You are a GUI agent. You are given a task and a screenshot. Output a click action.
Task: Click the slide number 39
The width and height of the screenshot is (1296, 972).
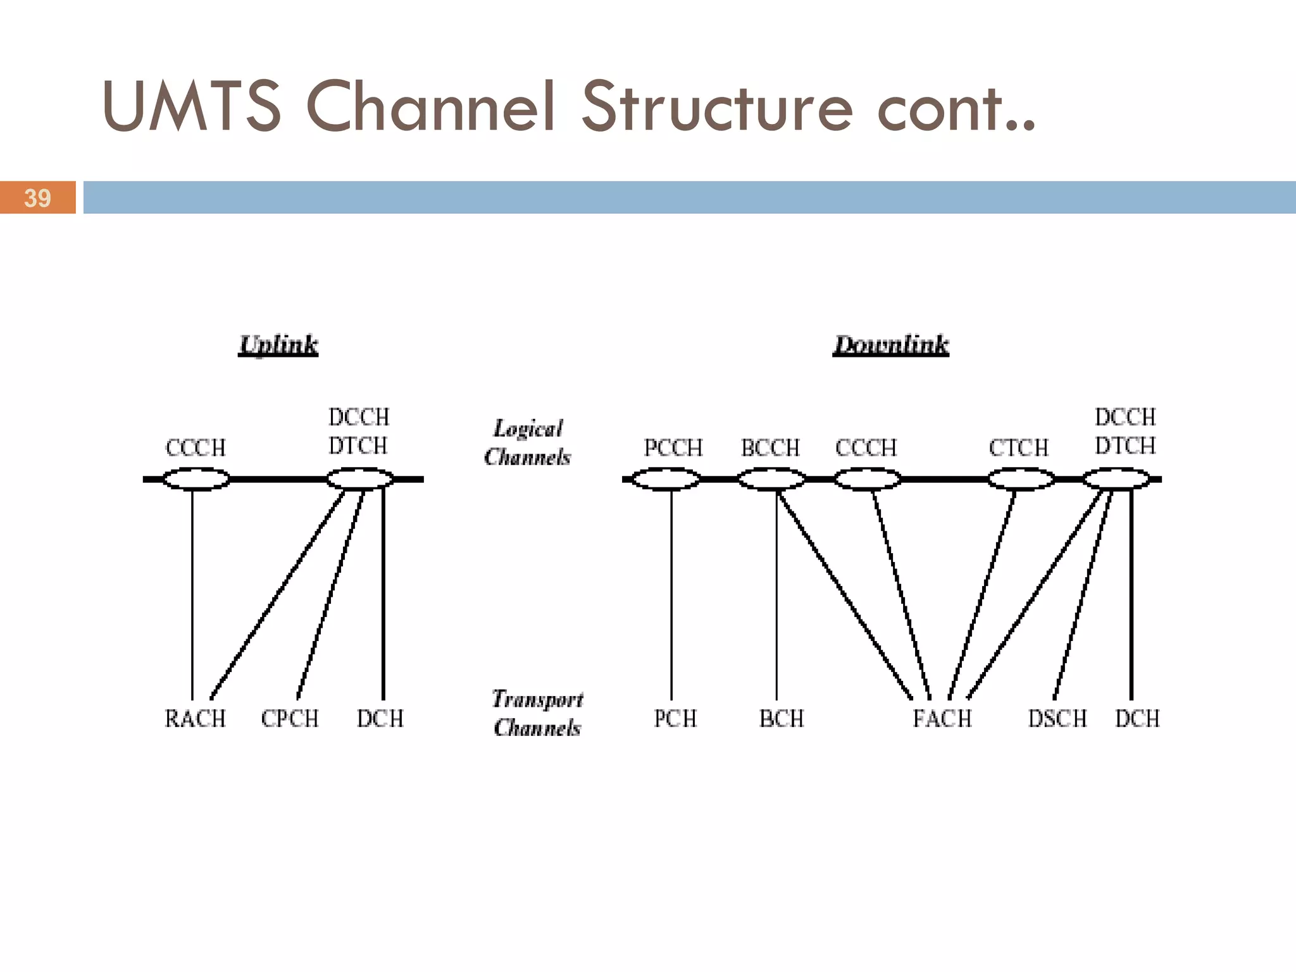[x=37, y=198]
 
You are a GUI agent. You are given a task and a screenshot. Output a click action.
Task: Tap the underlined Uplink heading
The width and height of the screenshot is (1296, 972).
[x=278, y=345]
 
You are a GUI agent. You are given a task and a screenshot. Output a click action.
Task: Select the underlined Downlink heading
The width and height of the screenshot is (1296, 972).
[x=890, y=345]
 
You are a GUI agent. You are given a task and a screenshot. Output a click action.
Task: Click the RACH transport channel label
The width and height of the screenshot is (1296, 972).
[x=195, y=719]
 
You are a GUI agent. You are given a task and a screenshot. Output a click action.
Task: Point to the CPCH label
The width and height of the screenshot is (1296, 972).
[x=290, y=719]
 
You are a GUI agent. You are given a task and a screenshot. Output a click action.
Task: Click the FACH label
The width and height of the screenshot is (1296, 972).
[x=942, y=719]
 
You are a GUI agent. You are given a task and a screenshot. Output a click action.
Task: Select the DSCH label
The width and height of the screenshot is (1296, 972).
[x=1057, y=719]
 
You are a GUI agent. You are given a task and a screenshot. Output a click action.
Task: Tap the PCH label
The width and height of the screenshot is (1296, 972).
[x=675, y=719]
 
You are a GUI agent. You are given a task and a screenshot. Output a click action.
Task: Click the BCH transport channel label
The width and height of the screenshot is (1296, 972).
[x=782, y=719]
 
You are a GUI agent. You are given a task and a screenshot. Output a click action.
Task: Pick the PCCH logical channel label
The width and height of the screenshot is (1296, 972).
[x=673, y=448]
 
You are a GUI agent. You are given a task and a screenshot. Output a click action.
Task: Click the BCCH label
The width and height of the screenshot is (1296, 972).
[x=771, y=448]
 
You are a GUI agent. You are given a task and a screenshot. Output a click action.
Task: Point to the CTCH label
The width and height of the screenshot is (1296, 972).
[x=1018, y=448]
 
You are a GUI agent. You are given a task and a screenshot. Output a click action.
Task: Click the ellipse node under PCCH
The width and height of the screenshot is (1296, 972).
[x=666, y=479]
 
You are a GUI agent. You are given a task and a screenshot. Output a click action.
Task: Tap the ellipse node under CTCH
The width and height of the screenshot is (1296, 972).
[x=1021, y=479]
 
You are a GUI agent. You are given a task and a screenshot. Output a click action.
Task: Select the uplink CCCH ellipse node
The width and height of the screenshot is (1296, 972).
[x=196, y=479]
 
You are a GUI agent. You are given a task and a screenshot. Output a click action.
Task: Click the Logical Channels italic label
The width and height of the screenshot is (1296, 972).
[x=527, y=443]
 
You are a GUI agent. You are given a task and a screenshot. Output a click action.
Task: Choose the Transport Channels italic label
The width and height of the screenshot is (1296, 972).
[x=537, y=713]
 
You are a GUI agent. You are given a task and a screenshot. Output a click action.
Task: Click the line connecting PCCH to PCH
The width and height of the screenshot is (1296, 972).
[x=671, y=595]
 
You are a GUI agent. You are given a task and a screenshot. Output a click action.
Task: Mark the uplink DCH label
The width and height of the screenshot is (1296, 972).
[x=380, y=719]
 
